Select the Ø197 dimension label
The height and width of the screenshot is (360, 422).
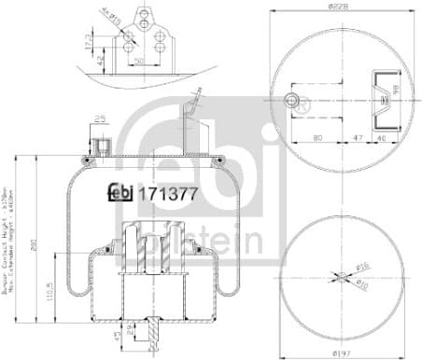point(344,353)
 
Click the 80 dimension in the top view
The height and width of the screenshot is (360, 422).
point(318,135)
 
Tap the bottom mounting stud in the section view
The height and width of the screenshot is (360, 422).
point(153,333)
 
